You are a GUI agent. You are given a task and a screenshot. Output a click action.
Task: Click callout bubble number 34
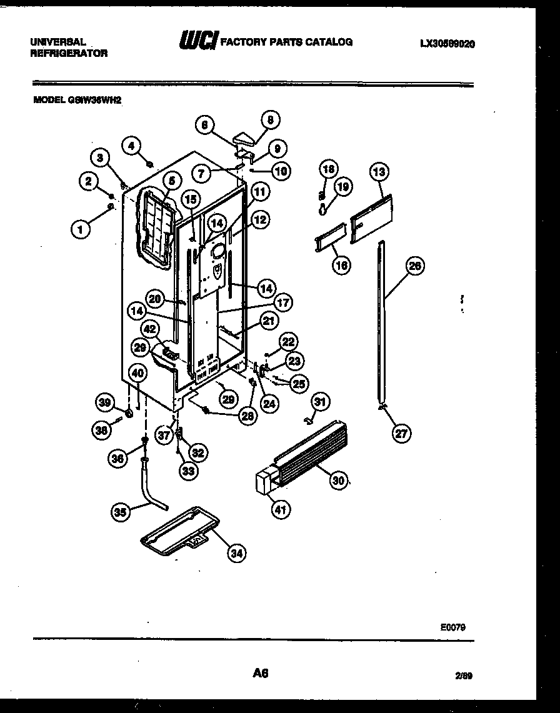(237, 552)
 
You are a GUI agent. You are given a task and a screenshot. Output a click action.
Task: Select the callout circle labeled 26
(414, 267)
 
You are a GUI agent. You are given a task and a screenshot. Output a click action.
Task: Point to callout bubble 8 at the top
(269, 119)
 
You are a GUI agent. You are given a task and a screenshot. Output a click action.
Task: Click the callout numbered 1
(79, 229)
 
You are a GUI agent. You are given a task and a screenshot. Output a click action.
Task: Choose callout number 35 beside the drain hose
(121, 512)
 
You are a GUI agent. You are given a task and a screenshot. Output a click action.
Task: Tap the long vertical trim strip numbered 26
(381, 325)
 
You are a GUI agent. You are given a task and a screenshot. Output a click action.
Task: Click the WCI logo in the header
(198, 42)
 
